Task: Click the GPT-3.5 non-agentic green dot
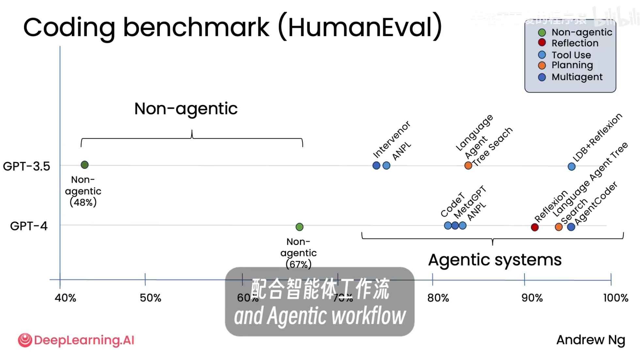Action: pyautogui.click(x=84, y=165)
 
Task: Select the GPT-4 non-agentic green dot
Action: pyautogui.click(x=299, y=227)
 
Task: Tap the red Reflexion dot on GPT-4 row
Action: pyautogui.click(x=534, y=227)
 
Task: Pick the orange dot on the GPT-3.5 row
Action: pyautogui.click(x=468, y=166)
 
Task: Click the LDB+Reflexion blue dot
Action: pyautogui.click(x=571, y=167)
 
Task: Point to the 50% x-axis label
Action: pyautogui.click(x=150, y=298)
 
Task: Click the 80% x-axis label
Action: pyautogui.click(x=438, y=298)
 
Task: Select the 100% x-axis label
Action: pyautogui.click(x=616, y=298)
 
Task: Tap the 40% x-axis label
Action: pyautogui.click(x=65, y=298)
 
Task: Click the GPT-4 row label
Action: pyautogui.click(x=29, y=226)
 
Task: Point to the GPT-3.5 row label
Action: pyautogui.click(x=26, y=166)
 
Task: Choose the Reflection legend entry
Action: pyautogui.click(x=575, y=43)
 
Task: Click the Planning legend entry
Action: pyautogui.click(x=572, y=65)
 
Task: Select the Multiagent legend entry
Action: pyautogui.click(x=577, y=77)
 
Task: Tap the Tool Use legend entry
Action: pyautogui.click(x=571, y=55)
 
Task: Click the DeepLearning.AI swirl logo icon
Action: pyautogui.click(x=25, y=340)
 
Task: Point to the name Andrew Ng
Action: pyautogui.click(x=590, y=340)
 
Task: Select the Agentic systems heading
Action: pyautogui.click(x=495, y=260)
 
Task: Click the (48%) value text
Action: pyautogui.click(x=83, y=202)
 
